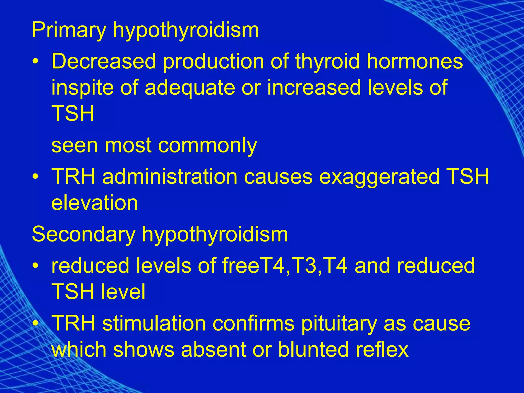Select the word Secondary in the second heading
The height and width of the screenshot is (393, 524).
[x=83, y=235]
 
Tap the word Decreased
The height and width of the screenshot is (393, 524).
[x=104, y=61]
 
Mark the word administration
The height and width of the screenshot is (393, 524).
[x=170, y=177]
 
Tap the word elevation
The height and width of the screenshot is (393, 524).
[x=95, y=203]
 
